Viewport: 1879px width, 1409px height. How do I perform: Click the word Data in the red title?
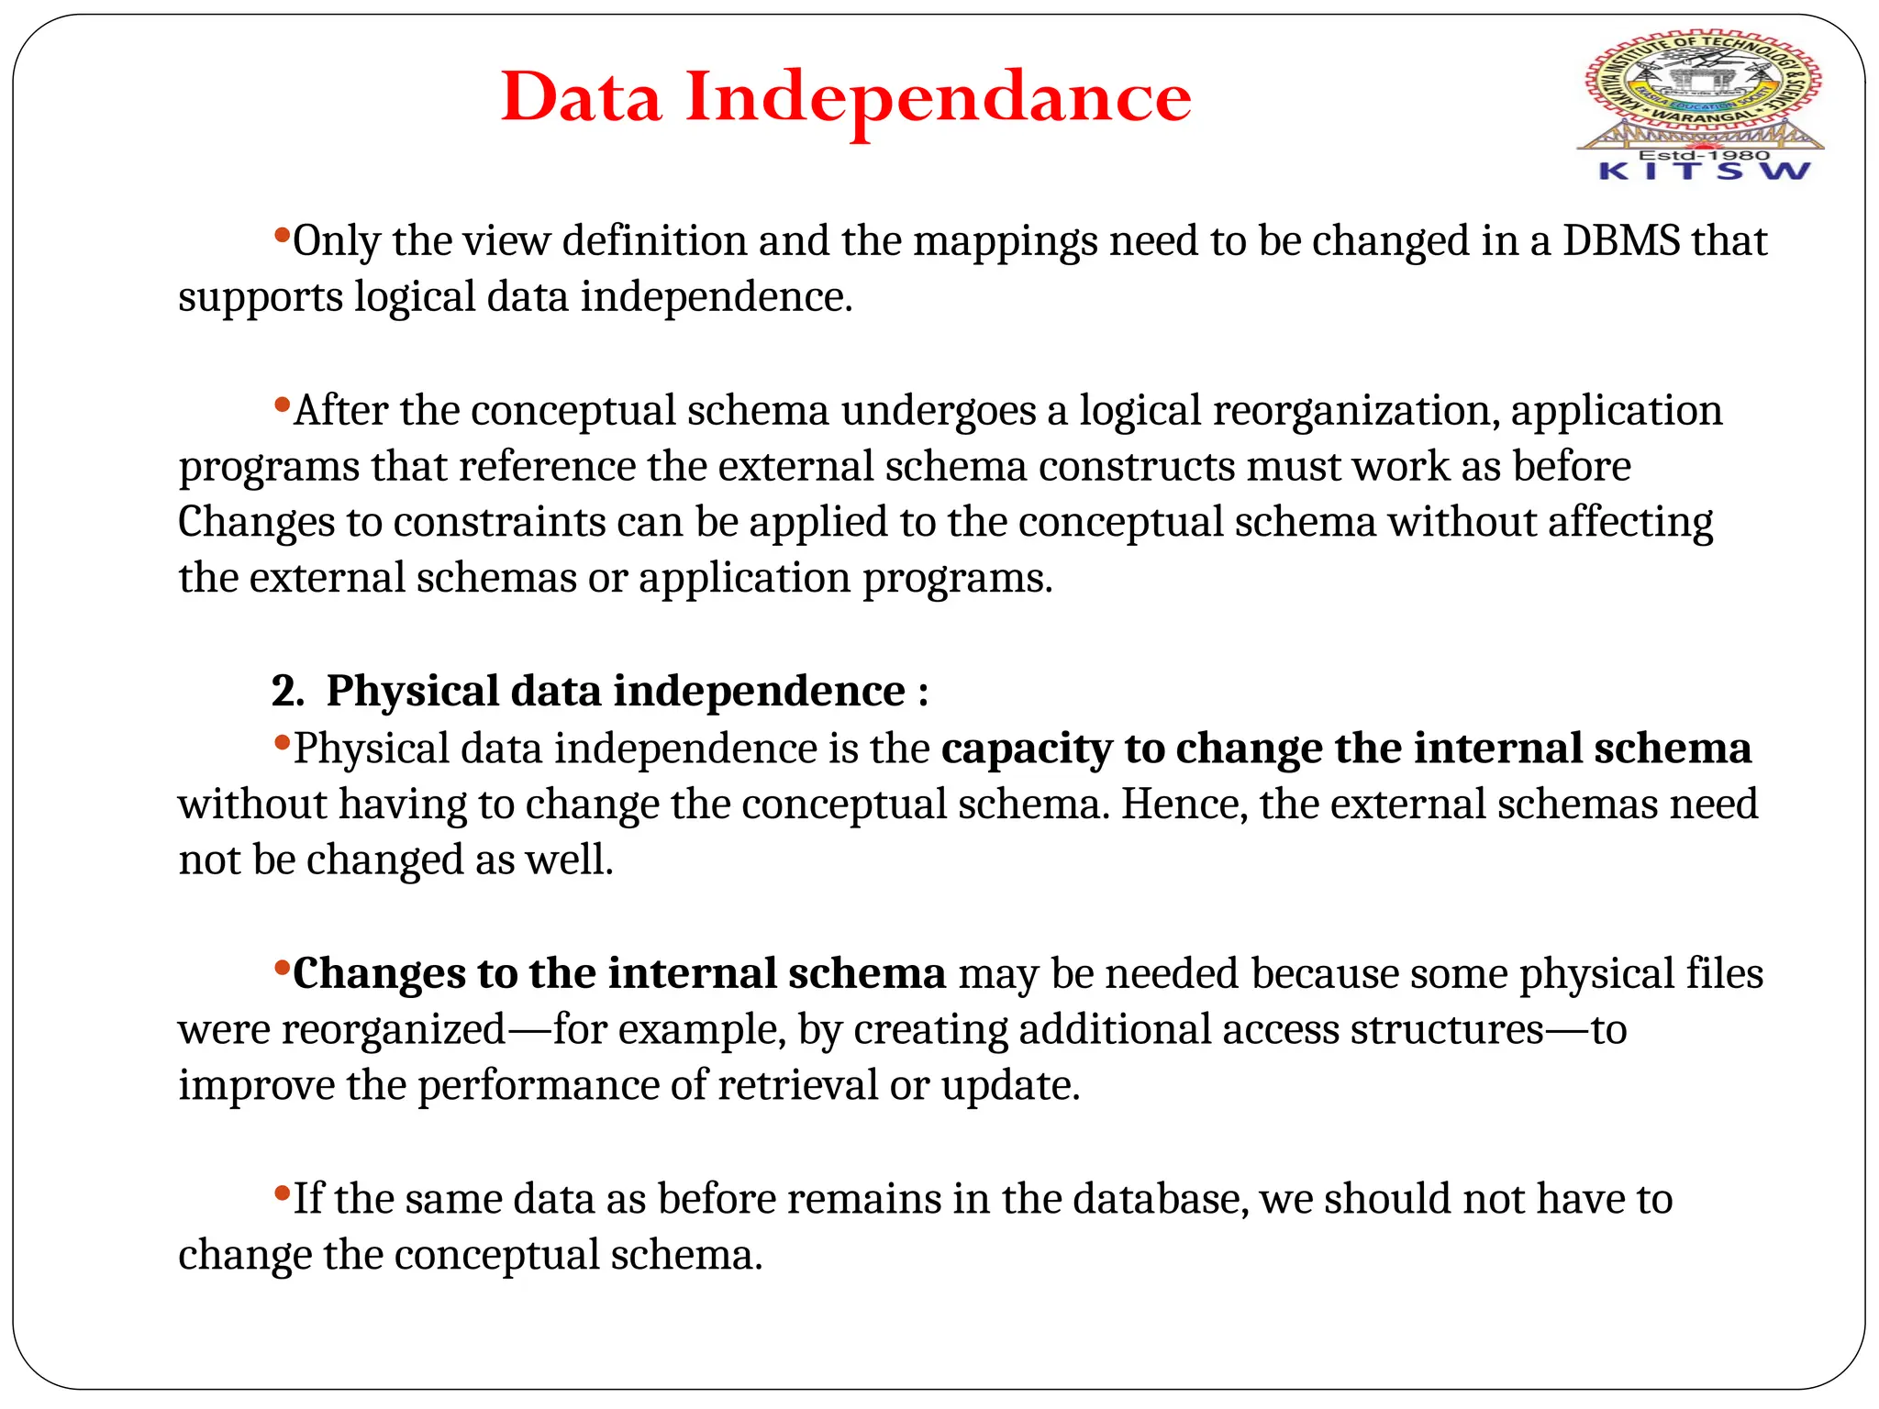click(581, 96)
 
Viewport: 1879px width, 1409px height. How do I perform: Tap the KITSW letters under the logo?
click(1704, 172)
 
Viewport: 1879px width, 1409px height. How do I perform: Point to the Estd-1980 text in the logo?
click(1703, 155)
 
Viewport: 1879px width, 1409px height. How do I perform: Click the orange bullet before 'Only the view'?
click(282, 233)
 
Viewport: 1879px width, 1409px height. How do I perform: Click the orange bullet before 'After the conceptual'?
click(282, 403)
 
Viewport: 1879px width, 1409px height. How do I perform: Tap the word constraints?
click(499, 523)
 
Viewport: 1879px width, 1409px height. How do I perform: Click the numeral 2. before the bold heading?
click(287, 691)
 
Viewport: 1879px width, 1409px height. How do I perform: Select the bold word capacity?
click(1027, 749)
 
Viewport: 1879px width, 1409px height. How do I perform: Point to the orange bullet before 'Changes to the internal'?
click(282, 966)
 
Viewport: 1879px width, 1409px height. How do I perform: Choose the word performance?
click(538, 1086)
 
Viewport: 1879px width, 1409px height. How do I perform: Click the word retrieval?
click(797, 1086)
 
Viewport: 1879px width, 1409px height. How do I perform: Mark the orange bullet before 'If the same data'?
click(282, 1192)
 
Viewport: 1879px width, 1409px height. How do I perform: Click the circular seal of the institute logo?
click(1703, 83)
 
